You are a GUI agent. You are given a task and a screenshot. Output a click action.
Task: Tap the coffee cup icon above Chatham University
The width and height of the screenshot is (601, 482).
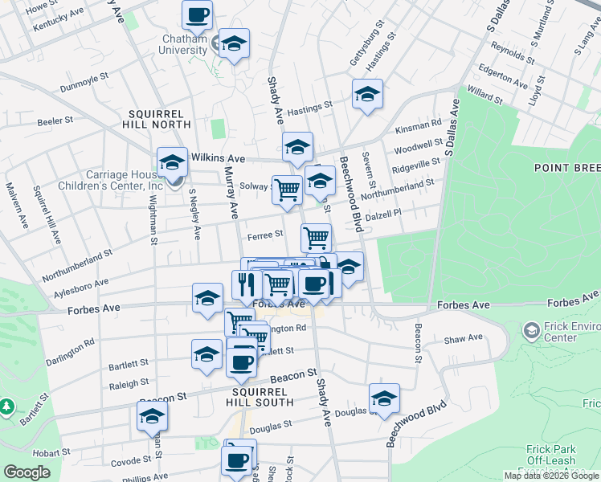coord(197,14)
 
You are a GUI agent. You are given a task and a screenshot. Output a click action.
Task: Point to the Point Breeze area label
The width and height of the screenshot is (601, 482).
coord(566,167)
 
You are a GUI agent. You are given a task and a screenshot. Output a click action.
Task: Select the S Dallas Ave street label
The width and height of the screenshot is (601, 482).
coord(452,127)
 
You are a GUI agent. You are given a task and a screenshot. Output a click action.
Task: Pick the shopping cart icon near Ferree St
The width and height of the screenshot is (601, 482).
coord(316,237)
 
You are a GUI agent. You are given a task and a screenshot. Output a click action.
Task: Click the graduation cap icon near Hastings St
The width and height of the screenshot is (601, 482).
coord(367,94)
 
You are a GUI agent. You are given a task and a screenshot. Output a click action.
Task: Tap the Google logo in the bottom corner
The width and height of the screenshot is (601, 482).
coord(27,473)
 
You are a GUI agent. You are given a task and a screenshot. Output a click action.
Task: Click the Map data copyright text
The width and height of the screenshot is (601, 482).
coord(551,476)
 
